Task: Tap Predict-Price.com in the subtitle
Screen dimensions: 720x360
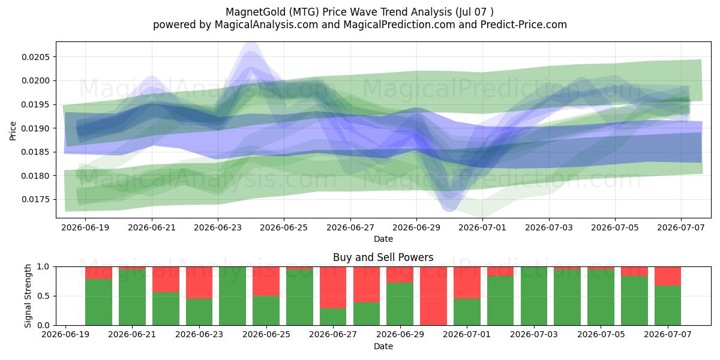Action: pos(524,25)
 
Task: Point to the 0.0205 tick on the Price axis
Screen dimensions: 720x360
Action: pos(35,57)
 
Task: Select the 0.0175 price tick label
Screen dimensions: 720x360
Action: pos(35,200)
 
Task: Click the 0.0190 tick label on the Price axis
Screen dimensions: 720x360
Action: pos(35,128)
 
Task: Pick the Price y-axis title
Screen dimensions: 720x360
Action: pos(13,131)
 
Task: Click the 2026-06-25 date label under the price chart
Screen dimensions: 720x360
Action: pos(284,227)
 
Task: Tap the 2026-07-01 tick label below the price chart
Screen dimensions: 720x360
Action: pos(482,227)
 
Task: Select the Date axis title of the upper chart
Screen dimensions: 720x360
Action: pos(383,239)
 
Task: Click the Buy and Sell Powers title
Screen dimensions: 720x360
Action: pos(383,257)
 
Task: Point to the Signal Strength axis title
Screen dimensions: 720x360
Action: pos(28,296)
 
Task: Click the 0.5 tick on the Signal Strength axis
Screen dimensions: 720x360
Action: pos(44,296)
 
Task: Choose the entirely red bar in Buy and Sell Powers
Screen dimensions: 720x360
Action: pos(433,296)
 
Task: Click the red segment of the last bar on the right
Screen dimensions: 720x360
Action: pos(668,276)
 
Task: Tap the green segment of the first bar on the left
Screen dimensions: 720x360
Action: pos(98,302)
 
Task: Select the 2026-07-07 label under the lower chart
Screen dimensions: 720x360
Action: pos(668,335)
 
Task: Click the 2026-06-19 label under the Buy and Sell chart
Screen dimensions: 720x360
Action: pos(65,335)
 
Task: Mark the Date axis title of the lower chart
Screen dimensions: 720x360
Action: pos(383,346)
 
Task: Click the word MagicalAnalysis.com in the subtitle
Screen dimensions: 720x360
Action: pos(266,25)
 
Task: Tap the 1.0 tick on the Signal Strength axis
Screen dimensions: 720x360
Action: pos(44,267)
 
